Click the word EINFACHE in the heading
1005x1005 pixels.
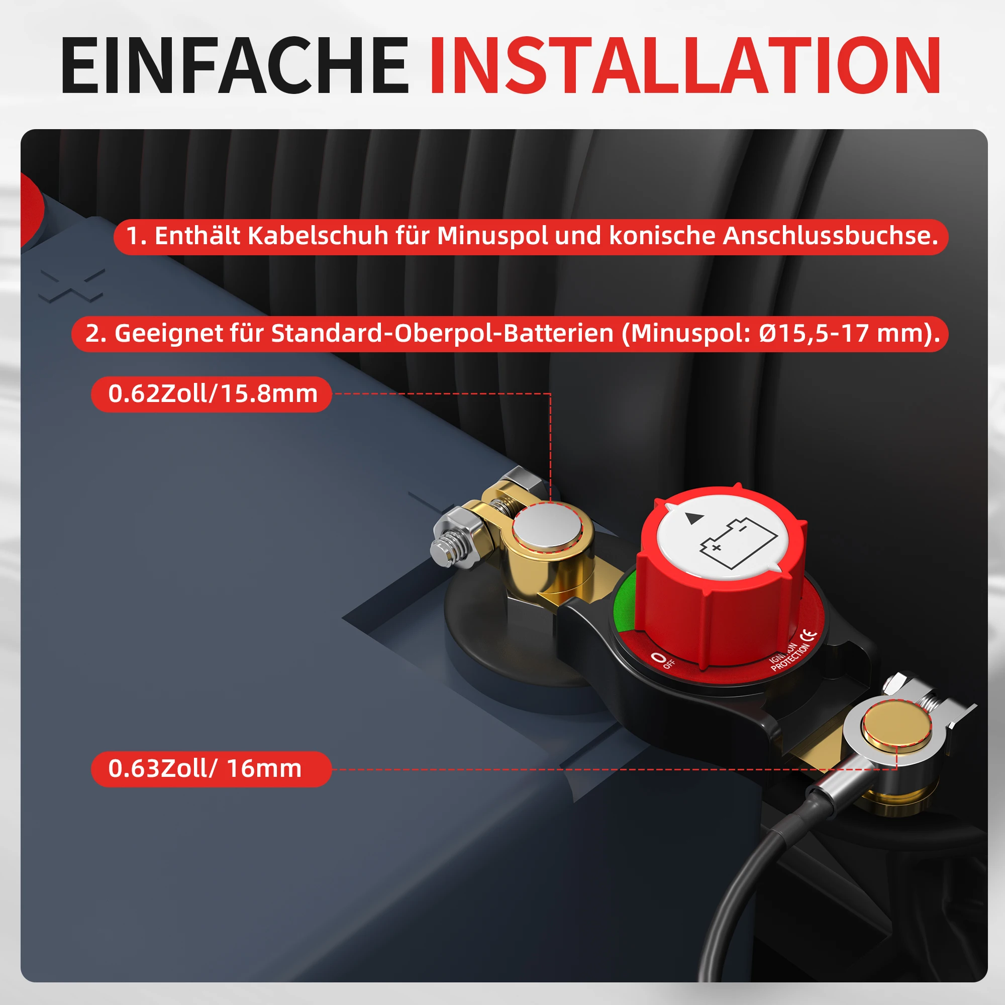235,65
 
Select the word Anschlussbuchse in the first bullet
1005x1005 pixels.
830,236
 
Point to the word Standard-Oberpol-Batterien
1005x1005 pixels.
442,333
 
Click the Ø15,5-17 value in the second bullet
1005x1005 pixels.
814,333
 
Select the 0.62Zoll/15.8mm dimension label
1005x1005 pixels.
212,394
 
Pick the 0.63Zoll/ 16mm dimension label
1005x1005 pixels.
205,769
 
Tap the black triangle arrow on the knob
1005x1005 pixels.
694,519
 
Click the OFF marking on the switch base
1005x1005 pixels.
663,659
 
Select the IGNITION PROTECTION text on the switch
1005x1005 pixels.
788,656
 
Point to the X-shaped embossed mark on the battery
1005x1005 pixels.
72,285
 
